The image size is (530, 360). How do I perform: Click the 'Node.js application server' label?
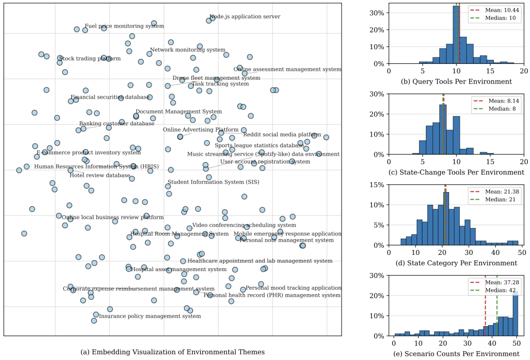click(245, 17)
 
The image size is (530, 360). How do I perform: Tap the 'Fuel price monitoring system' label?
click(124, 26)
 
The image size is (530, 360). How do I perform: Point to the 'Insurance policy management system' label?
click(150, 316)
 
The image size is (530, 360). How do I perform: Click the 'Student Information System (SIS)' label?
click(207, 182)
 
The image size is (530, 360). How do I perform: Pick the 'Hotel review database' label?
click(100, 175)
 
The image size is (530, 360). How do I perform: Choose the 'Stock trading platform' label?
click(90, 59)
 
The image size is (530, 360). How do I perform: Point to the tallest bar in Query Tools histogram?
click(456, 34)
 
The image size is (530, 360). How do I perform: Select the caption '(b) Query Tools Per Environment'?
click(456, 82)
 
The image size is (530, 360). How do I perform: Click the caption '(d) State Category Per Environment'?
click(456, 263)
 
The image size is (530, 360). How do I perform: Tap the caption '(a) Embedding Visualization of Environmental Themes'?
click(172, 352)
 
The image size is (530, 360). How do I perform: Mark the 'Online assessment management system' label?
click(287, 70)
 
